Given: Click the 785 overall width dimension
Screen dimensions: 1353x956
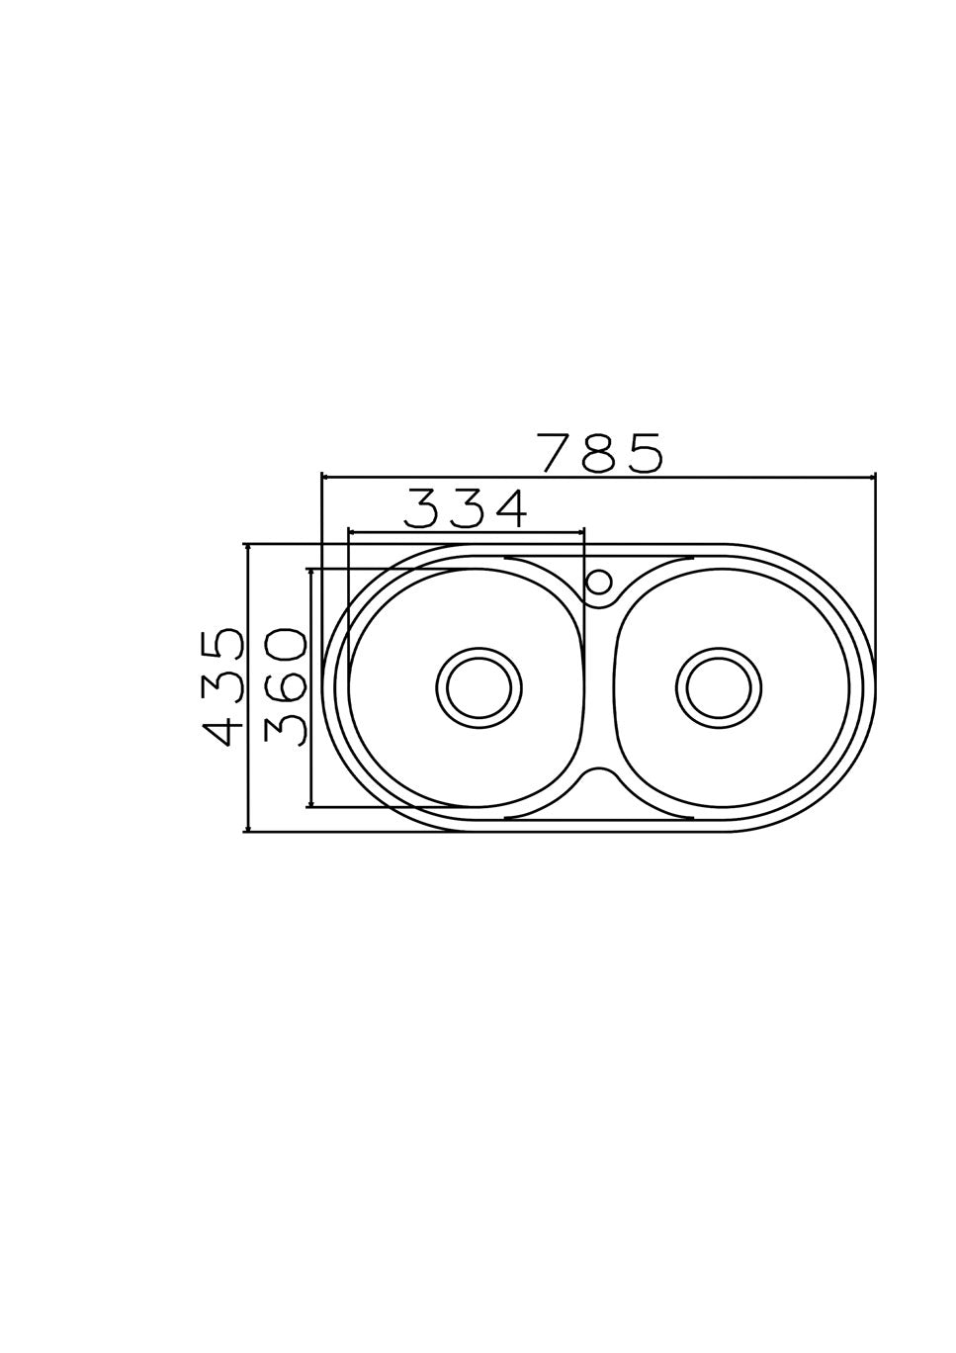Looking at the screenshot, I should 599,453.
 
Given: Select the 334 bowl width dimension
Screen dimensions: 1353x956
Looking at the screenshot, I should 466,508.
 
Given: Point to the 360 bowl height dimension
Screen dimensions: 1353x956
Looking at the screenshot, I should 287,686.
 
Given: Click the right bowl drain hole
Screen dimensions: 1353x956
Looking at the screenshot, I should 720,686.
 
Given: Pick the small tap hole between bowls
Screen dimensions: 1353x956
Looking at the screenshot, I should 597,581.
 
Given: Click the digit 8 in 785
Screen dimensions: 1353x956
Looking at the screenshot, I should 599,453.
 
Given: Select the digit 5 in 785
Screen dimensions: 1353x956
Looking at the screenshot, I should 643,453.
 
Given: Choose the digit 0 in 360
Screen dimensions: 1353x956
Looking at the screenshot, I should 287,647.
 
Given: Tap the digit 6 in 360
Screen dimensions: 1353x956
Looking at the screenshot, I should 287,686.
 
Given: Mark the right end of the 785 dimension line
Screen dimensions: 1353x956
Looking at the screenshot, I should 875,478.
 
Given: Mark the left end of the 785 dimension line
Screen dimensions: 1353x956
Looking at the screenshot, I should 322,478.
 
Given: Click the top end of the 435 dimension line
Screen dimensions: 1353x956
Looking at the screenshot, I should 247,544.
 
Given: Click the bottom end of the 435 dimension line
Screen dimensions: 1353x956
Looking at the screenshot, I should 247,831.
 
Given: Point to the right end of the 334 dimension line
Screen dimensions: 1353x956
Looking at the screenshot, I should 584,532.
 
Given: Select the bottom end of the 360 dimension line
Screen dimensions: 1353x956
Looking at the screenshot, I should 311,806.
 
